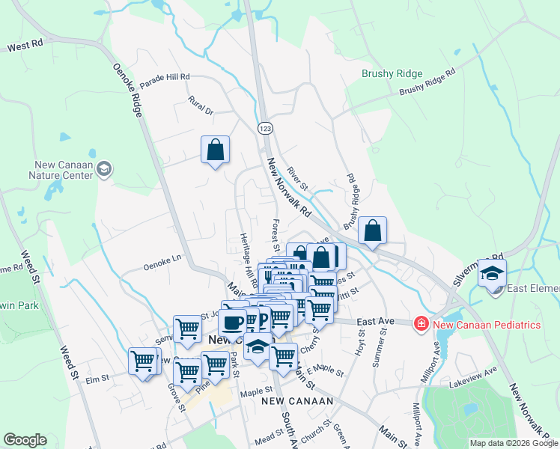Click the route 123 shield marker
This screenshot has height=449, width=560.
pos(265,129)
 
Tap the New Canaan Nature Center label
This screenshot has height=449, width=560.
pos(63,170)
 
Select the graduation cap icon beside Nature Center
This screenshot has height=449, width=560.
pos(104,170)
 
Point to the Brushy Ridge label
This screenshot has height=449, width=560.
pos(392,74)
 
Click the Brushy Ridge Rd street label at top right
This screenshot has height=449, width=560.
pos(427,84)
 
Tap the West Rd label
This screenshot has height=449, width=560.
pos(25,47)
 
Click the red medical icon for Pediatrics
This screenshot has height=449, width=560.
pos(421,324)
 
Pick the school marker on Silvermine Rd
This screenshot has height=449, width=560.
pos(492,273)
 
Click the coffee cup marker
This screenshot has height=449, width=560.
pos(232,323)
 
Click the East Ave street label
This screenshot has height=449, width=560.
pos(375,321)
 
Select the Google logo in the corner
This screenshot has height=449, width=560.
pos(25,440)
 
